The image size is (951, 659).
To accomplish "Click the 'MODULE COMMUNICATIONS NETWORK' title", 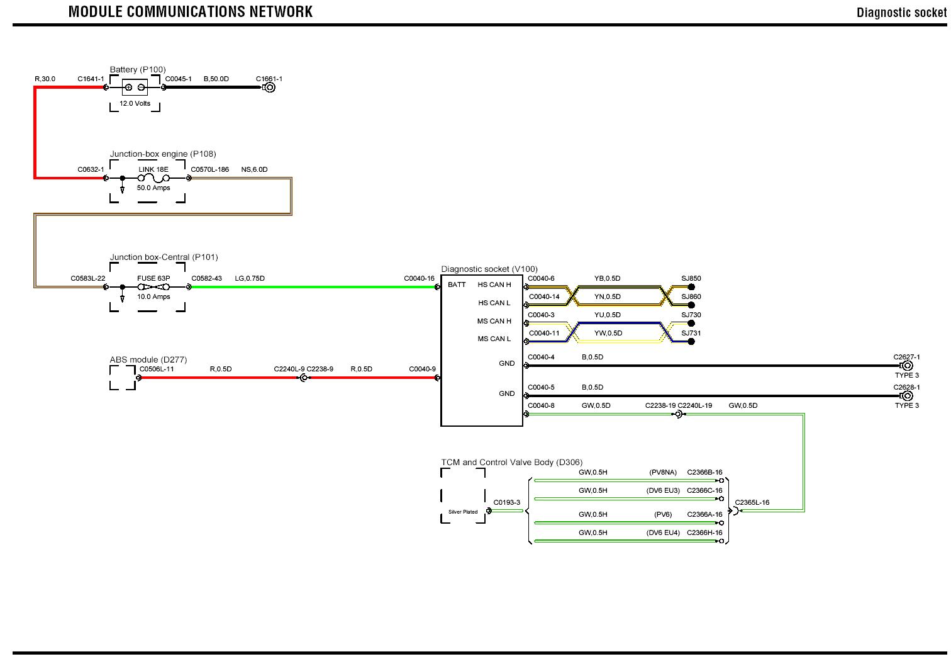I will coord(190,11).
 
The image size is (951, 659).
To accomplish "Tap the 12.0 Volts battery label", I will coord(135,103).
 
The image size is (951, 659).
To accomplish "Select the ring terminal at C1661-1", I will coord(269,87).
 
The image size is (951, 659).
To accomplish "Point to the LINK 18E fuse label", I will coord(153,170).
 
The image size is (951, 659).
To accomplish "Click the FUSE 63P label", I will coord(153,278).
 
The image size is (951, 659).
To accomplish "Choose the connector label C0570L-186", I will coord(210,169).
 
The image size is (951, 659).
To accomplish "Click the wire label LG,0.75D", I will coord(250,278).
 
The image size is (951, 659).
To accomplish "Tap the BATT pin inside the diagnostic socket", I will coord(457,284).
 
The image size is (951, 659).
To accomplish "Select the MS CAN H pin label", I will coord(494,321).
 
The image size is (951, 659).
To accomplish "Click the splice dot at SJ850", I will coord(691,287).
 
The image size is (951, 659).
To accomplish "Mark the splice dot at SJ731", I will coord(691,342).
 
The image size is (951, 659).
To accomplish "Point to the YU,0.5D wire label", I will coord(607,315).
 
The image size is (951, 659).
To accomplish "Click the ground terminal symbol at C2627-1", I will coord(907,366).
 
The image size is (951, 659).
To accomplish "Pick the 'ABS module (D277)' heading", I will coord(148,360).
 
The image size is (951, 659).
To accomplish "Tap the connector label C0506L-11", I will coord(157,369).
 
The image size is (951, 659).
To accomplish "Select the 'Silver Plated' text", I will coord(463,512).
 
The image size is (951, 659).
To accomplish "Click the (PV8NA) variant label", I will coord(663,472).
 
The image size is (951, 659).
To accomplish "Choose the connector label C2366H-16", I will coord(704,532).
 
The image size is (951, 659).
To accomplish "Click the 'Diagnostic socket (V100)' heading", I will coord(489,269).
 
